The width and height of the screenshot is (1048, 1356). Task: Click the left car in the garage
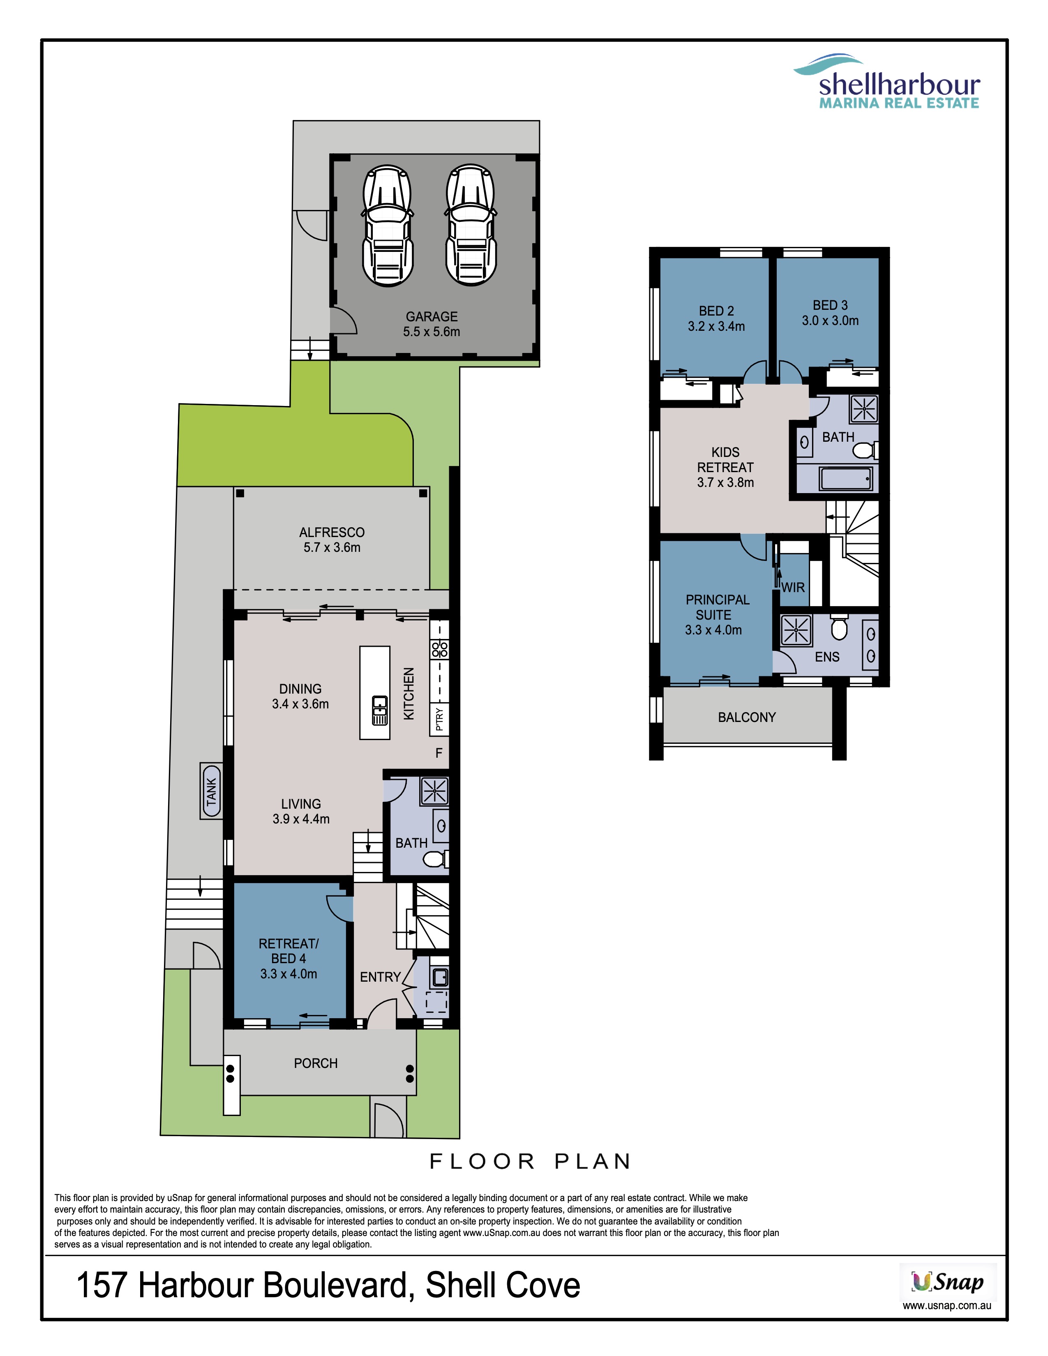(x=388, y=225)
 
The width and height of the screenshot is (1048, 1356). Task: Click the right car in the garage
(x=471, y=225)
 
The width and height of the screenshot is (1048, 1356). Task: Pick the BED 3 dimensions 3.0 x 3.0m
(x=830, y=321)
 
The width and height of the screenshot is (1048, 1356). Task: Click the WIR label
(x=793, y=587)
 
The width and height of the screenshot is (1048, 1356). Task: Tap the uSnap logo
(x=947, y=1281)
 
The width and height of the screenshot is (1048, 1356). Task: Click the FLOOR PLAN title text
(x=530, y=1161)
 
